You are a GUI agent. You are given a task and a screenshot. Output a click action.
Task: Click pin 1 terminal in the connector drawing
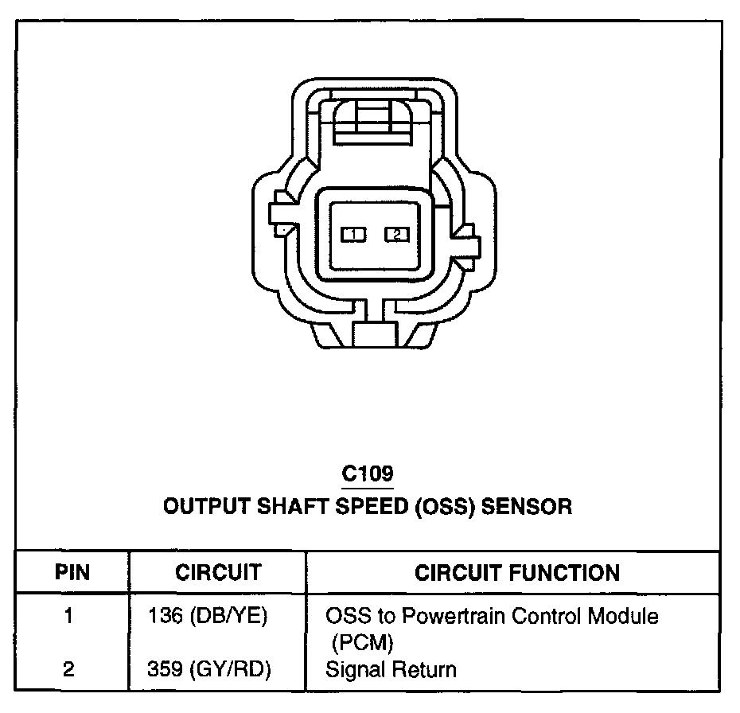click(x=353, y=234)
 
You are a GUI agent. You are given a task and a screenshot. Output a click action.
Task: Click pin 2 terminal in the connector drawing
click(x=397, y=234)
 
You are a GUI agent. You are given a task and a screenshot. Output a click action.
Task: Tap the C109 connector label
click(x=368, y=474)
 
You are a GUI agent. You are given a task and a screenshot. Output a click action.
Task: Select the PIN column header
click(x=72, y=572)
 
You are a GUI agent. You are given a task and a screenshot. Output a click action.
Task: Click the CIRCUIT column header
click(x=218, y=572)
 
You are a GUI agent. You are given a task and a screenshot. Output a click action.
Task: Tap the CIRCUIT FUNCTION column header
click(x=517, y=572)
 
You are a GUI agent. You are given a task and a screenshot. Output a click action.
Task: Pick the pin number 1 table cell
click(x=69, y=617)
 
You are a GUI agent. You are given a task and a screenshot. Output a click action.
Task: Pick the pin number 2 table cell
click(x=69, y=670)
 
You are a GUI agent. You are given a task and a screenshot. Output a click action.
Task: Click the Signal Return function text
click(x=391, y=670)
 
